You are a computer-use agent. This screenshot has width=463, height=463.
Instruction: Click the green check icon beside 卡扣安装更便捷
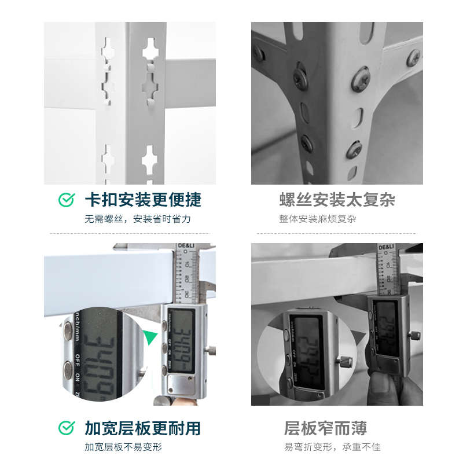tap(67, 200)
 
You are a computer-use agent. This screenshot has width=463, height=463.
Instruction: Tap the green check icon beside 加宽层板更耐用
tap(67, 428)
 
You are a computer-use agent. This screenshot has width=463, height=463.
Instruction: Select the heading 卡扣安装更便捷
tap(143, 200)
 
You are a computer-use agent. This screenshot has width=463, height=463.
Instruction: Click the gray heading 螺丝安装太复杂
tap(337, 200)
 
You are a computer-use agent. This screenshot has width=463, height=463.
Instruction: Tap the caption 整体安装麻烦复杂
tap(318, 219)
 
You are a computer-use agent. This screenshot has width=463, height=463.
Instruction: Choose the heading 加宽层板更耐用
tap(143, 428)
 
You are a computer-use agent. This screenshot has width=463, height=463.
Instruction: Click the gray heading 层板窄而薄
tap(326, 428)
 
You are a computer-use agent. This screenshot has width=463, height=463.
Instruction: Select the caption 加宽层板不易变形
tap(123, 447)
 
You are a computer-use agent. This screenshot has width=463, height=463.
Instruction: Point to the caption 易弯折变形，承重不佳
tap(332, 447)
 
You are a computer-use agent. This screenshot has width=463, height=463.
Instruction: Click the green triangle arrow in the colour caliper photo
tap(151, 337)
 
